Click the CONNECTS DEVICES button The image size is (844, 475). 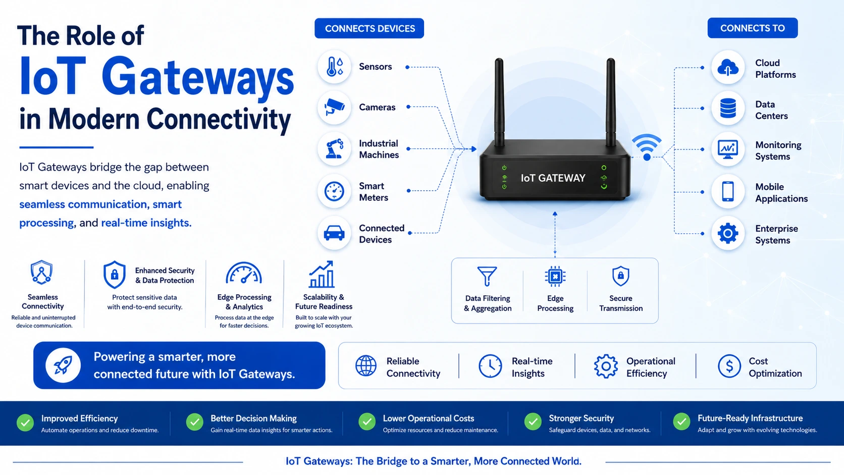370,28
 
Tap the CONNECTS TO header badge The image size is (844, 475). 753,28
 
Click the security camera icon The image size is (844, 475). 334,107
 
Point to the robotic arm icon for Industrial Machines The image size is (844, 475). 335,148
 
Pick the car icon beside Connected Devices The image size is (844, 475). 334,233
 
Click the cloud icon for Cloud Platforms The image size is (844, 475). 728,68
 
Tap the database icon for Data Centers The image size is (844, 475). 728,109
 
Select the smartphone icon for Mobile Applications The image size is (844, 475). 728,191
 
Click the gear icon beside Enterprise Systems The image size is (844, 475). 728,234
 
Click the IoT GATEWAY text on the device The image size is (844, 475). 553,178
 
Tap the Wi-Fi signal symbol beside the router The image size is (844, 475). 647,147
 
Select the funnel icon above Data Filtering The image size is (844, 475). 487,276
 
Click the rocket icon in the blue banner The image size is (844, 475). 63,365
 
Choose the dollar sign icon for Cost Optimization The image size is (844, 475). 729,366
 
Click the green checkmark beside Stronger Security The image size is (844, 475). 533,422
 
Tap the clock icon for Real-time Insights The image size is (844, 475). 490,366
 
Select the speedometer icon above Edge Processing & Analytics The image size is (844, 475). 244,273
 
